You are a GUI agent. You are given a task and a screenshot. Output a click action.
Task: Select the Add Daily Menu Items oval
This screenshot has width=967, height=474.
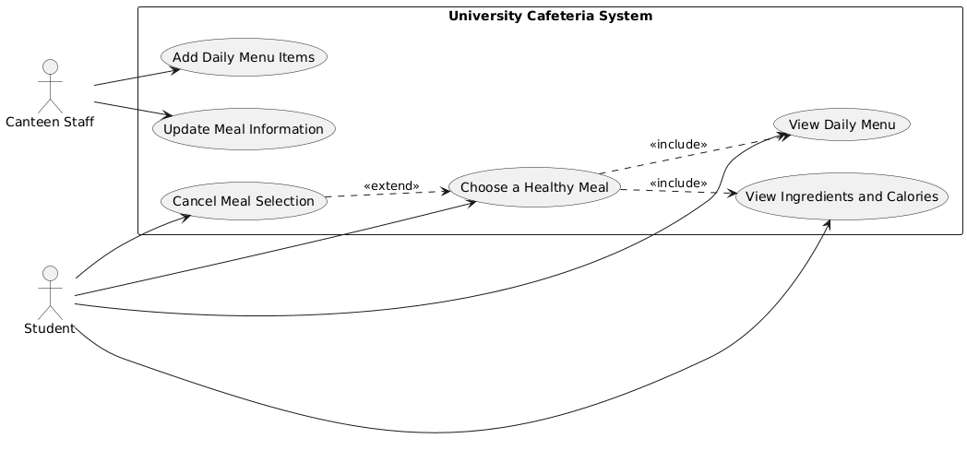[244, 57]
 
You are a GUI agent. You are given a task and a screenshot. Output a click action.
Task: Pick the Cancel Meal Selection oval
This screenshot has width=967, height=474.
[244, 201]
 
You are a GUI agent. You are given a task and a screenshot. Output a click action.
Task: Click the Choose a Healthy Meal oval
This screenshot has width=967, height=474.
[533, 188]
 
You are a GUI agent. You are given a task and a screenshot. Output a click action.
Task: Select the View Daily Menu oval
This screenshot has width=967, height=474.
[842, 123]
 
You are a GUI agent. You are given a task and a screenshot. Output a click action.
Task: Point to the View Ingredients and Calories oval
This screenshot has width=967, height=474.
[842, 196]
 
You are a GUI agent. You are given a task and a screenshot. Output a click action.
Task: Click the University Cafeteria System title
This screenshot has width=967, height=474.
[550, 16]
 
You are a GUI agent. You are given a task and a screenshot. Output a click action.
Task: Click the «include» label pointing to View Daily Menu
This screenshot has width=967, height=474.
[678, 145]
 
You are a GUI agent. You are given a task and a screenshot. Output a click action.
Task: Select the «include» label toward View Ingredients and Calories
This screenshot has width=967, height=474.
[678, 184]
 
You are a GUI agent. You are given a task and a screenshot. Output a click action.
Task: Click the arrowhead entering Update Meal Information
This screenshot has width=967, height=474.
[170, 115]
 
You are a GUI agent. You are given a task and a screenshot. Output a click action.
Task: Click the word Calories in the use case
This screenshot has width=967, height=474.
[910, 196]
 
